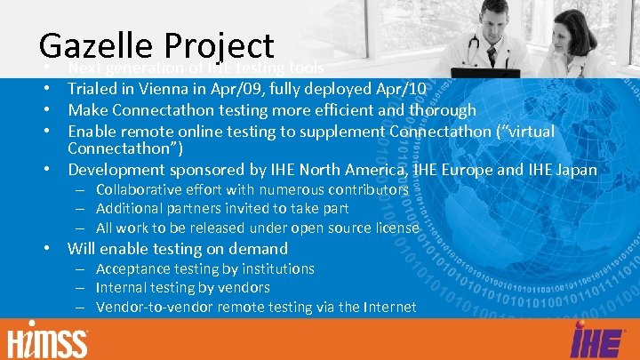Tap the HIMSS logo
pos(48,340)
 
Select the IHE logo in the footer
pos(592,340)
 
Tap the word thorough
pos(443,109)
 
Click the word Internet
pos(389,307)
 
